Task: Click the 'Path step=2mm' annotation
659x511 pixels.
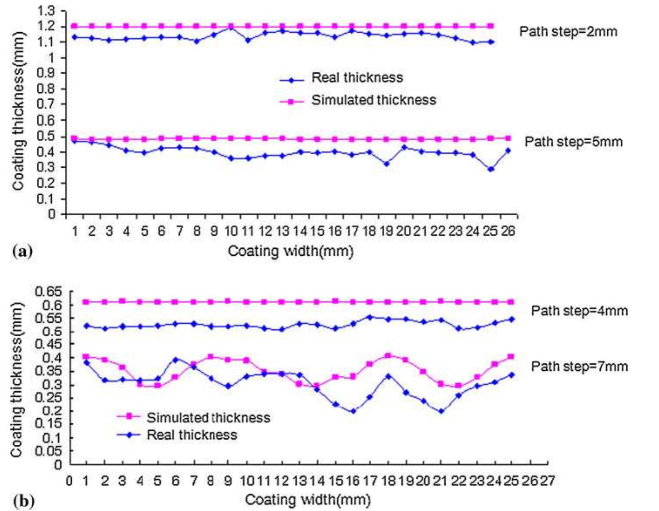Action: (568, 32)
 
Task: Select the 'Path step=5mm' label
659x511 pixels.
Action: (573, 142)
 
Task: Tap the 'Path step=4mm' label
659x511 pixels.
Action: (579, 311)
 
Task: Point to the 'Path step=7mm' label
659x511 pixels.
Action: (579, 366)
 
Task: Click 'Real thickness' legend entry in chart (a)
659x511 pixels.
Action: (357, 78)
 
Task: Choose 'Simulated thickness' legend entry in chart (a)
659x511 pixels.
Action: (373, 100)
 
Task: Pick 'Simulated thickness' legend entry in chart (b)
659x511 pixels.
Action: (208, 418)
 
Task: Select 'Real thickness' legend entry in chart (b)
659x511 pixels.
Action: (192, 435)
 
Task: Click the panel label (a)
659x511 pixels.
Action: (23, 251)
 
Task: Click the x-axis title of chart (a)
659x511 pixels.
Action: (290, 251)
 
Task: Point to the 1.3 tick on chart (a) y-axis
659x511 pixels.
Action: (46, 11)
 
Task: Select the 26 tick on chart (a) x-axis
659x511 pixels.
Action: (508, 231)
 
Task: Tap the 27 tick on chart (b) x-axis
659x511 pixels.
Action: (547, 481)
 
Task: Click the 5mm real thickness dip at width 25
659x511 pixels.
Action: (491, 169)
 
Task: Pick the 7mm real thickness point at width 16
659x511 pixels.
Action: (353, 411)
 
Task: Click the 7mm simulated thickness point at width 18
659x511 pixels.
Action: (388, 355)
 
